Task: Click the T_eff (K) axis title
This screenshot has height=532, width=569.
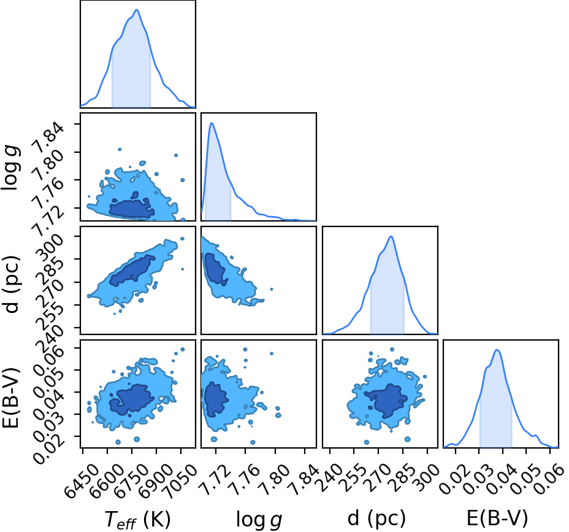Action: [x=137, y=520]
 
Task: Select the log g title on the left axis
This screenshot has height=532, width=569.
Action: [x=11, y=168]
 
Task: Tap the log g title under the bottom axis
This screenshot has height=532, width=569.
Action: [x=259, y=520]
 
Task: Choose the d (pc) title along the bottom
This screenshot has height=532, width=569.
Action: [x=376, y=519]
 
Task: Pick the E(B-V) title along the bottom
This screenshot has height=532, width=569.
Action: [x=497, y=519]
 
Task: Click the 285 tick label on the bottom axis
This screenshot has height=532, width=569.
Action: [x=401, y=477]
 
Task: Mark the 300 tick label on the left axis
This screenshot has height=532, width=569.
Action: [x=51, y=248]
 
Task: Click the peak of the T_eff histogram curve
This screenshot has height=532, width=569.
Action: [x=137, y=10]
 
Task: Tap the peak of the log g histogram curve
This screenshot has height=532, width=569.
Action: [x=211, y=123]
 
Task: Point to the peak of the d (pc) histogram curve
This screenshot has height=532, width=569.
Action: [x=391, y=236]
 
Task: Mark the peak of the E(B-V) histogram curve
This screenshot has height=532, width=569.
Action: [x=497, y=350]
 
